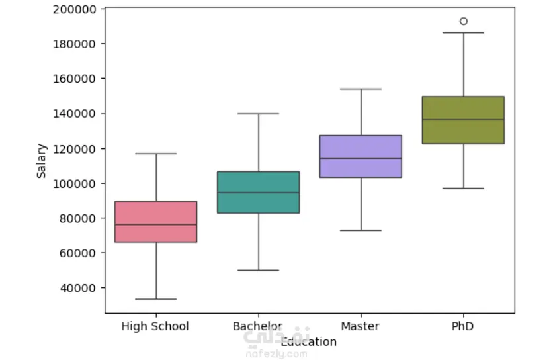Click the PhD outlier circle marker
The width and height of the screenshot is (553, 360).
(464, 21)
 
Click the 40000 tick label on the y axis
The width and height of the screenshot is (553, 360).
(80, 288)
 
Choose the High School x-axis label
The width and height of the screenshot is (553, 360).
(155, 326)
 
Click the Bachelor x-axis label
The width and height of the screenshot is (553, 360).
(257, 326)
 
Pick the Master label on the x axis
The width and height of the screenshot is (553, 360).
(361, 326)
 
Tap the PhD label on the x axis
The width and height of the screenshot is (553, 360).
(463, 326)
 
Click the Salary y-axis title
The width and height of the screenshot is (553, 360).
(41, 160)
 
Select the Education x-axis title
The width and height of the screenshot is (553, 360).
(309, 342)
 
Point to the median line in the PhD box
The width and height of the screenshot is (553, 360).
(463, 120)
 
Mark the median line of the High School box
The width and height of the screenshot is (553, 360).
(156, 225)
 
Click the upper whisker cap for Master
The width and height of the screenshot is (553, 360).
(361, 89)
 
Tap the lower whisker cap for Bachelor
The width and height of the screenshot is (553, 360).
(258, 270)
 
